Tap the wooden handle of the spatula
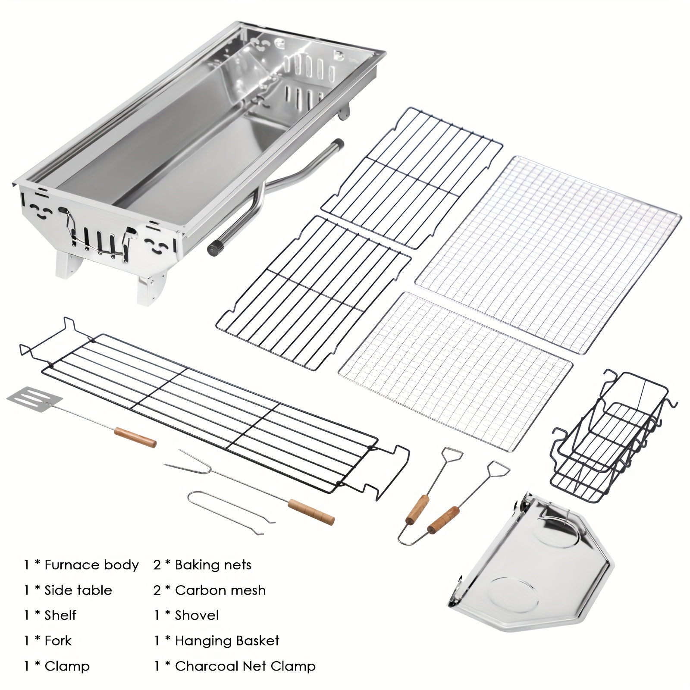pos(135,437)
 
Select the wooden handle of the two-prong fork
pos(311,511)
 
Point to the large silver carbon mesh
pos(548,254)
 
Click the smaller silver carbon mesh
pos(455,371)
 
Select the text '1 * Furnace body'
pos(81,565)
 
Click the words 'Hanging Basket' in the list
pos(227,640)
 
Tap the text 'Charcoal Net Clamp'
pos(245,666)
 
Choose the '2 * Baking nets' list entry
pos(202,565)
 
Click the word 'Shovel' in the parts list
pos(197,615)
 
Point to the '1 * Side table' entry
pos(68,590)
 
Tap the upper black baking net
pos(412,177)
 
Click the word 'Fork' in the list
pos(58,640)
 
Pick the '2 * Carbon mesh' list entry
pos(209,590)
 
